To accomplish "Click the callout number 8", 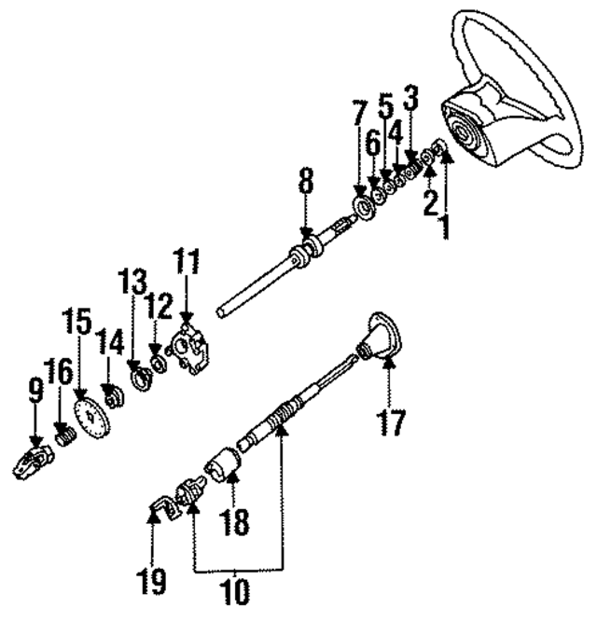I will pyautogui.click(x=304, y=185).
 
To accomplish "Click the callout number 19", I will pyautogui.click(x=155, y=583).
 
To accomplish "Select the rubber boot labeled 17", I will pyautogui.click(x=382, y=341).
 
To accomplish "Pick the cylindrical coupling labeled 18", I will pyautogui.click(x=227, y=462).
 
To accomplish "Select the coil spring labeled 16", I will pyautogui.click(x=63, y=435).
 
